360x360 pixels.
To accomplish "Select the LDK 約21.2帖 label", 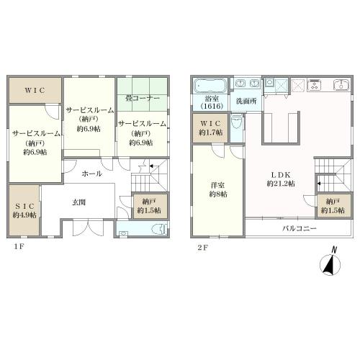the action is point(281,179).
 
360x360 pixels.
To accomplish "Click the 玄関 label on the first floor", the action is point(79,202).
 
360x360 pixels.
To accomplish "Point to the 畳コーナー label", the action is point(143,98).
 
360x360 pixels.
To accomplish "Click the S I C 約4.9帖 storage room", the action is point(24,210).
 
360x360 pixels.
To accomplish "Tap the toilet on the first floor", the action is point(160,229).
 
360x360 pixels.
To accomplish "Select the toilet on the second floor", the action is point(237,122).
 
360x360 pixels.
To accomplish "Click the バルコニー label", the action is point(300,228).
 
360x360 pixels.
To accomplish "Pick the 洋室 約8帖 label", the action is point(218,189).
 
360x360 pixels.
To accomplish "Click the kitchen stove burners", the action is point(315,85).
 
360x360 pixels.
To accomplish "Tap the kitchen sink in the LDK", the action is point(342,85).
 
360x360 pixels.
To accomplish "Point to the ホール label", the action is point(91,174).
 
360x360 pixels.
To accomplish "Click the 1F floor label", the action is point(19,246).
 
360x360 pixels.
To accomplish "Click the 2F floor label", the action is point(202,248).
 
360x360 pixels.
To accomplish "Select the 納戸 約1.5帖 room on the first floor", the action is point(150,206).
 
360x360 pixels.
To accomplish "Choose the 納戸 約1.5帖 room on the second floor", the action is point(333,206).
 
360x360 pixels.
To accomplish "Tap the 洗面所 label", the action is point(246,101).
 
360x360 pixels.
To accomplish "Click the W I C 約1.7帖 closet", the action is point(210,128).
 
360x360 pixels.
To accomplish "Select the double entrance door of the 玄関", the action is point(88,227).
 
